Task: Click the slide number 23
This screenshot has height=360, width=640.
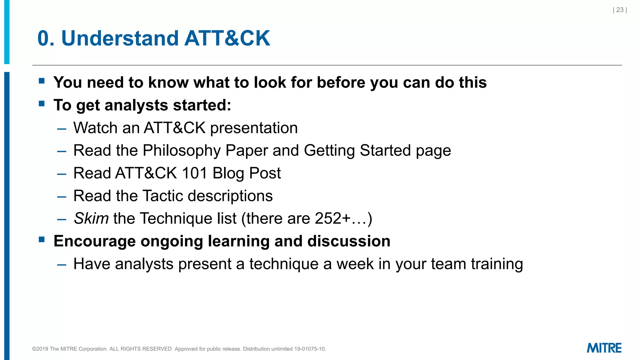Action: click(x=620, y=10)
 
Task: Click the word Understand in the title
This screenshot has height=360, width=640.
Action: click(x=120, y=38)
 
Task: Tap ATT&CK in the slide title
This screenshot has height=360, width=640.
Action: click(x=227, y=38)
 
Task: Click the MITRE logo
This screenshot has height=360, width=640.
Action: click(x=604, y=348)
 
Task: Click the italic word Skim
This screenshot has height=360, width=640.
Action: click(x=91, y=218)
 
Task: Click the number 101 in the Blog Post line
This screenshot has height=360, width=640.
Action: click(x=194, y=173)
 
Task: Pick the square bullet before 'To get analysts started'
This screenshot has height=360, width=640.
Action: click(x=42, y=103)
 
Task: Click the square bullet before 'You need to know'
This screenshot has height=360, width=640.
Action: click(x=42, y=81)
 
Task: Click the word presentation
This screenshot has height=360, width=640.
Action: click(x=254, y=128)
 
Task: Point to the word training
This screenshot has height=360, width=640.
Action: click(x=497, y=264)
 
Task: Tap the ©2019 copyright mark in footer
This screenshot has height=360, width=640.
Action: click(x=40, y=349)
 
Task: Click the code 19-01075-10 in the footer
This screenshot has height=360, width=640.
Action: click(x=310, y=349)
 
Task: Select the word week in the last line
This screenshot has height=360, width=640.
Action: click(x=355, y=264)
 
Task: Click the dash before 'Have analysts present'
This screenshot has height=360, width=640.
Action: click(x=62, y=265)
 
